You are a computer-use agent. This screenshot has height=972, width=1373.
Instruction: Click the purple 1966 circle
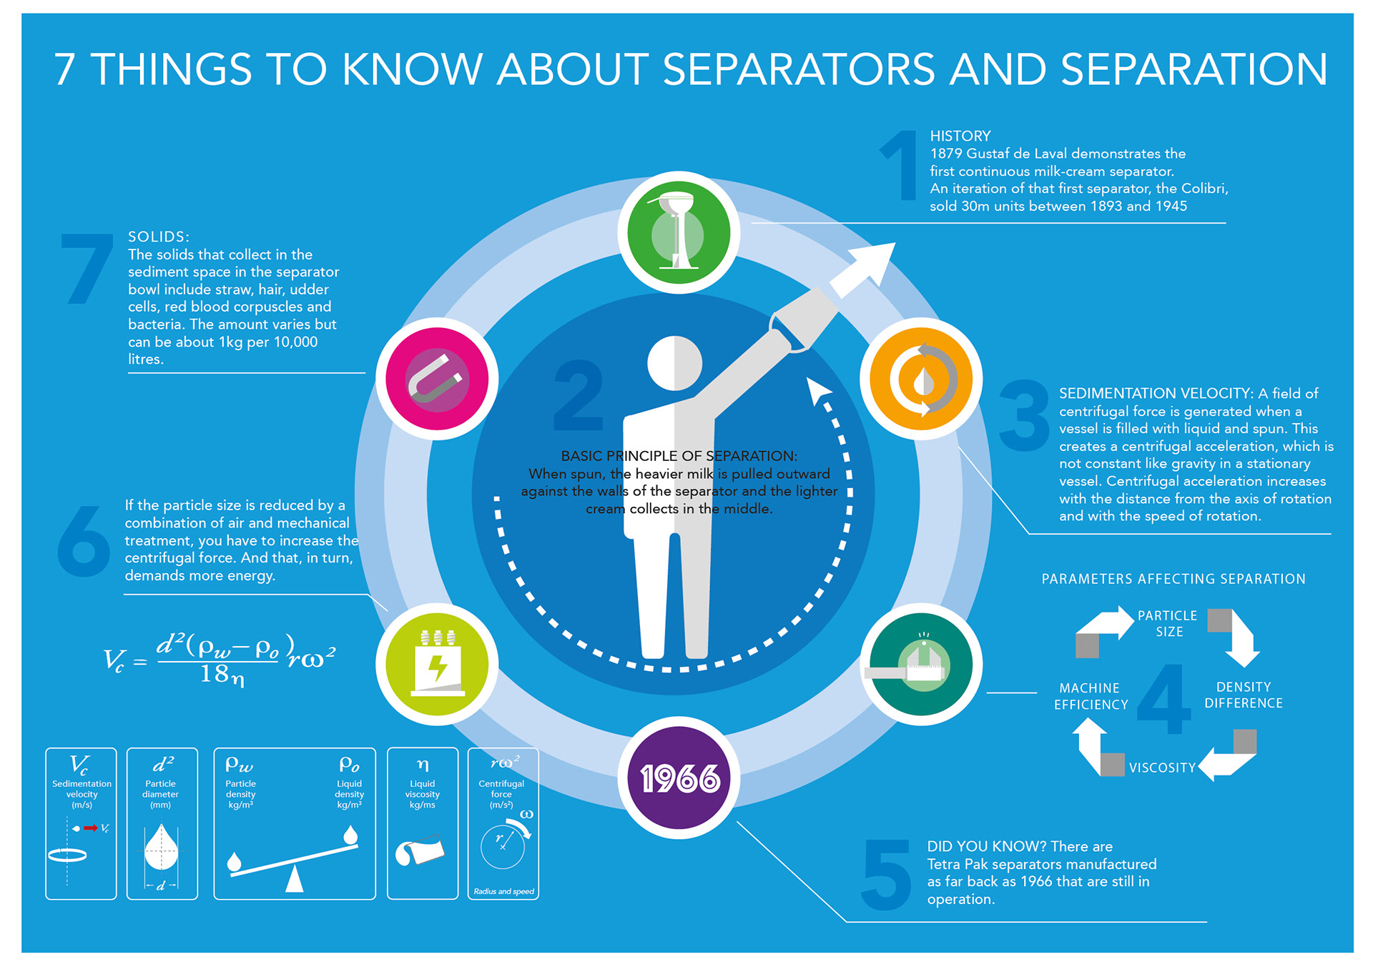click(679, 778)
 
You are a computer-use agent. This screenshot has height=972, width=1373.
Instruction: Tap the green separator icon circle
click(679, 233)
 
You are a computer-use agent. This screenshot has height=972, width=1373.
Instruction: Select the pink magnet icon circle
click(437, 378)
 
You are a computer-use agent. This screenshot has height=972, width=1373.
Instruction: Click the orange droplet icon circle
click(921, 378)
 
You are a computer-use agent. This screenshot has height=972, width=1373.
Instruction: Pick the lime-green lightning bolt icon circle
click(437, 664)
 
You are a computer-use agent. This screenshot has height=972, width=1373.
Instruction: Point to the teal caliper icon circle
click(921, 664)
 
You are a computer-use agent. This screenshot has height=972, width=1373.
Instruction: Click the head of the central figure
click(674, 363)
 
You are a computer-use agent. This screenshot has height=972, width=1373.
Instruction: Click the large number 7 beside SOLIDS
click(87, 269)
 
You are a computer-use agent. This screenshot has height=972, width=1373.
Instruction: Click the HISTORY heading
click(960, 136)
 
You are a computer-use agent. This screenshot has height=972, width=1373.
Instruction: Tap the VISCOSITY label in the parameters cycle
click(1162, 768)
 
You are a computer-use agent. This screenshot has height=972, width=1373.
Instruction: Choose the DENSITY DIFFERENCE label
click(1244, 695)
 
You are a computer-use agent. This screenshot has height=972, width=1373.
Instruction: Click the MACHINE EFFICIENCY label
click(1091, 696)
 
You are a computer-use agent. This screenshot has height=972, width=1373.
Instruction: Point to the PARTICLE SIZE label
click(1168, 623)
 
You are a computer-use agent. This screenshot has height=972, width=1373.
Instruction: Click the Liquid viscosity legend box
click(423, 823)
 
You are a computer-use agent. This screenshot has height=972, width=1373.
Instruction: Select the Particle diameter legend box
click(162, 823)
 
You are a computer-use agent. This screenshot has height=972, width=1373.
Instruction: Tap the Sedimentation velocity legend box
click(81, 823)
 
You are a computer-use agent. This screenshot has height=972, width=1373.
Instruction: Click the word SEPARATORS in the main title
click(799, 69)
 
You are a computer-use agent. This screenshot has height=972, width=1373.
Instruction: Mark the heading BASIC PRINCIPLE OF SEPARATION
click(679, 456)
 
